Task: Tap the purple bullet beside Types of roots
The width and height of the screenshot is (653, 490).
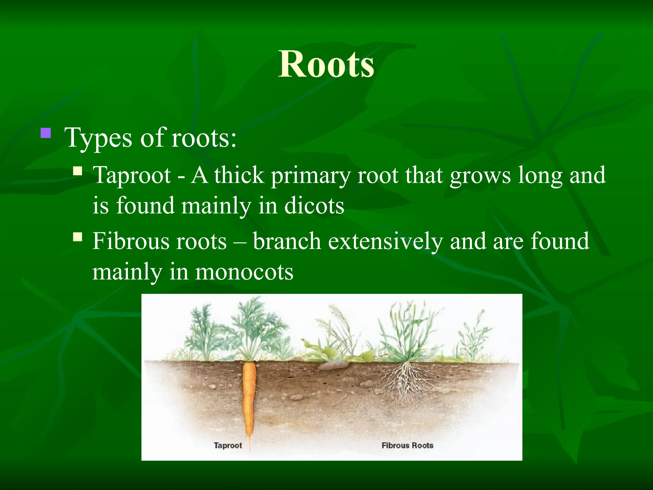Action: tap(46, 133)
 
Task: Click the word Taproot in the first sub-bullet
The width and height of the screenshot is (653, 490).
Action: tap(131, 175)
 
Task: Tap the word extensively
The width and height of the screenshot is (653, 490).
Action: tap(385, 241)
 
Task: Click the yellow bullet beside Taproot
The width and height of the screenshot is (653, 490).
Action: tap(77, 171)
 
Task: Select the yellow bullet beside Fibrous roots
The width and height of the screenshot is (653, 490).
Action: tap(77, 237)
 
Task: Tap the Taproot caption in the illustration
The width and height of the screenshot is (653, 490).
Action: tap(228, 445)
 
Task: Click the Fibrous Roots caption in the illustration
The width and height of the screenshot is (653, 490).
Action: tap(407, 445)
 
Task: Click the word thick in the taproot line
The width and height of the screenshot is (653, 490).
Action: tap(239, 175)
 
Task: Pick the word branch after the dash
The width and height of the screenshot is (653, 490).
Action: tap(287, 241)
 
